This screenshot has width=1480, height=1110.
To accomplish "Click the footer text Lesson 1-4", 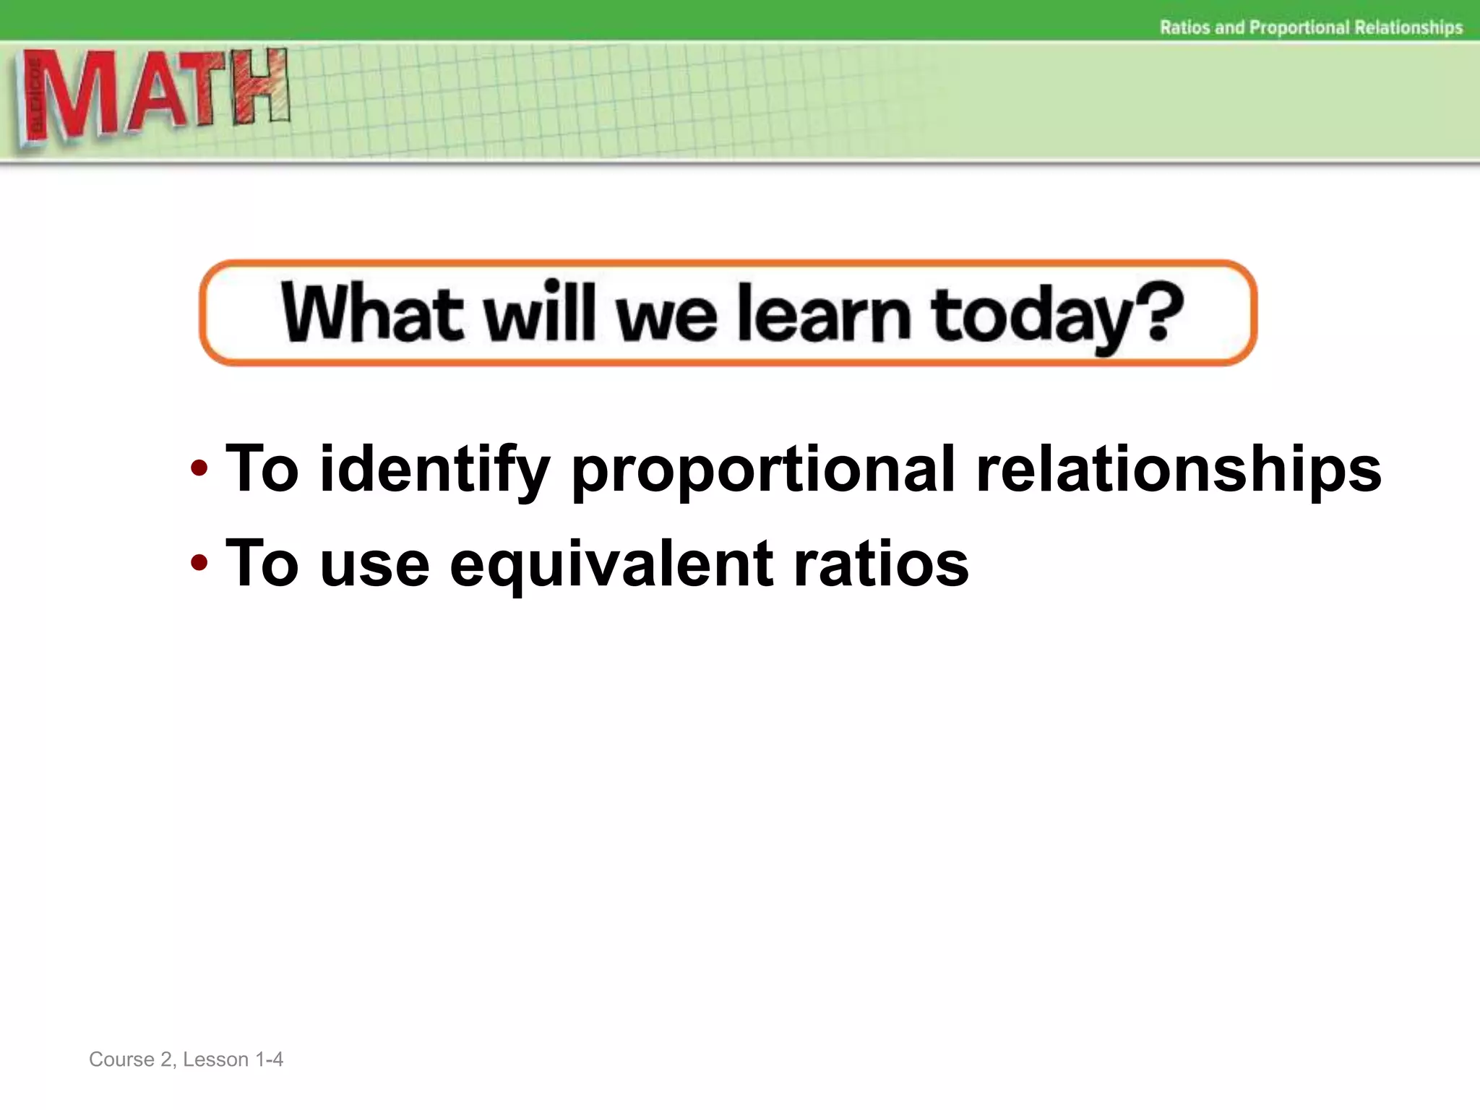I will pyautogui.click(x=233, y=1059).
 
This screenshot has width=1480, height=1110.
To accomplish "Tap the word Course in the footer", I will pyautogui.click(x=121, y=1059).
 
